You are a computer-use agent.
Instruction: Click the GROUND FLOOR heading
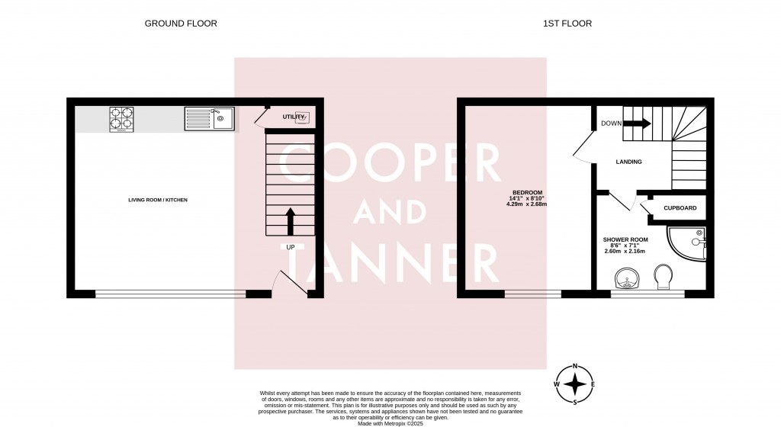click(181, 24)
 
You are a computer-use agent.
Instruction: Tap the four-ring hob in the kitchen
click(122, 119)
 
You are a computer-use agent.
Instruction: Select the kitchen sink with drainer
click(209, 118)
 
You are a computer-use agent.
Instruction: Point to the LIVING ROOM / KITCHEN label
click(158, 200)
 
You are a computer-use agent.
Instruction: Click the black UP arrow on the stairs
click(290, 220)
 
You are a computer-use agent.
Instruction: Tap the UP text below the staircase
click(290, 248)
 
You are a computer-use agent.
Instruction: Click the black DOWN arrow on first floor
click(635, 123)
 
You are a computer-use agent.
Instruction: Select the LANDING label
click(629, 162)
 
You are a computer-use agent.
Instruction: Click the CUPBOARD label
click(680, 207)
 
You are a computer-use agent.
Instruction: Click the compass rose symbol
click(574, 382)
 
